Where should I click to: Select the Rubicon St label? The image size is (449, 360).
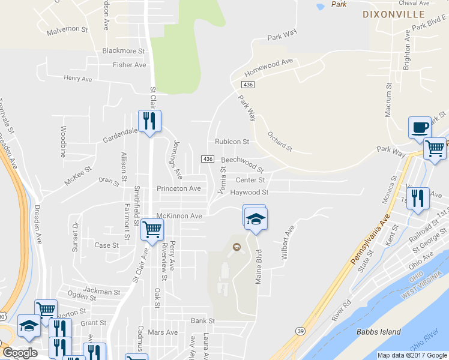tap(232, 142)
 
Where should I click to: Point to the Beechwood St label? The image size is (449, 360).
tap(242, 163)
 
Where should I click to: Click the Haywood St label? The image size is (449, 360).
tap(249, 193)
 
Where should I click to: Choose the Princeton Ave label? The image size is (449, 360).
tap(178, 188)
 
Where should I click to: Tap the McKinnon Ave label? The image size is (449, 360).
tap(179, 215)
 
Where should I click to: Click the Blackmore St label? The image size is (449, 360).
tap(124, 51)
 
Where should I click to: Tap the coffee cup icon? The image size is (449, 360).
tap(420, 127)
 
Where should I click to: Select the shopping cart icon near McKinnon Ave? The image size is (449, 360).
tap(152, 229)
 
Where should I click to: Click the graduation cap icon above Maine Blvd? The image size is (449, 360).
tap(255, 218)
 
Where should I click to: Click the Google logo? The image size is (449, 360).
tap(20, 353)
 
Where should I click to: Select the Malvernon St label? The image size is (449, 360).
tap(67, 29)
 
